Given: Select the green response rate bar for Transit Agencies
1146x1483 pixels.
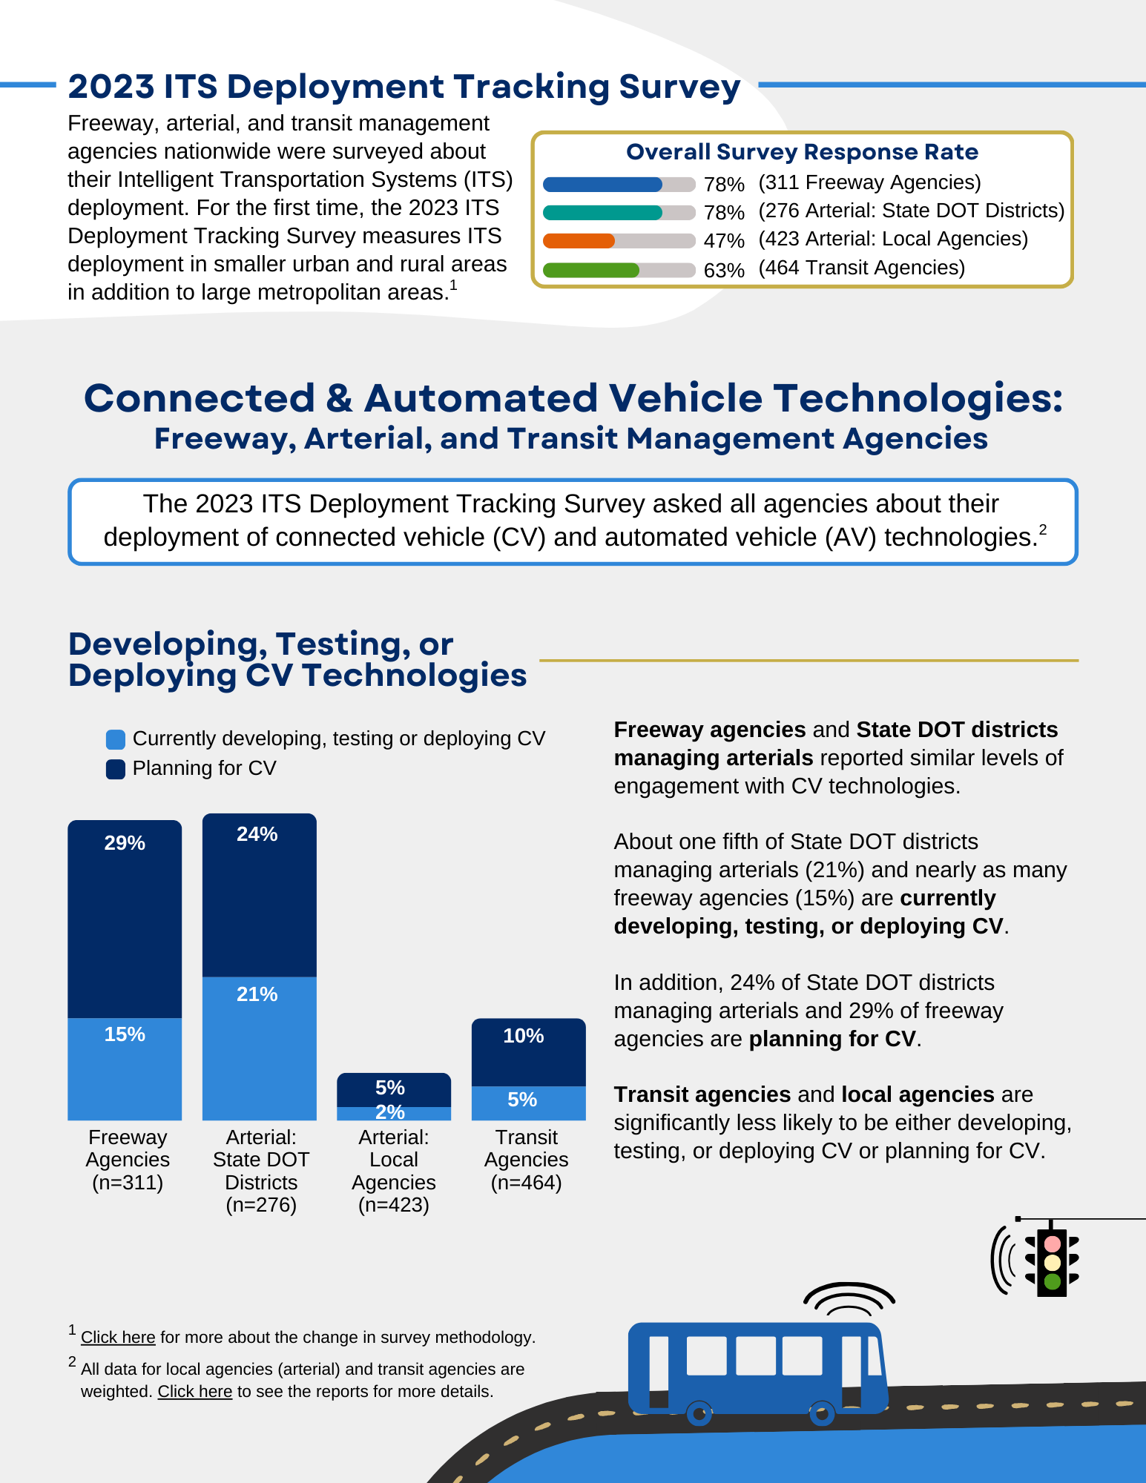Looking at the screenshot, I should coord(590,270).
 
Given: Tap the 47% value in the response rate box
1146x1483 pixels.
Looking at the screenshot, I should coord(723,241).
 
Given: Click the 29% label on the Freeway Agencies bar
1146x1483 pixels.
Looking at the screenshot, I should coord(125,843).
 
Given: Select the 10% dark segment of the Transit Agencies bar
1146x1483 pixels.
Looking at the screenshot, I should coord(527,1051).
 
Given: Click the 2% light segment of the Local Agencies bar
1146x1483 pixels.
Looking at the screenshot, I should coord(393,1114).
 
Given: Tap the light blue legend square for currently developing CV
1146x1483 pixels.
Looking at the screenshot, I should coord(116,739).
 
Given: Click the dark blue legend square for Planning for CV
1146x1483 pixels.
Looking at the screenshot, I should coord(116,769).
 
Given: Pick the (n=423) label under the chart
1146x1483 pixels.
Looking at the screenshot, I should coord(393,1205).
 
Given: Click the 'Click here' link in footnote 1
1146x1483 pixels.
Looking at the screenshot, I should coord(118,1337).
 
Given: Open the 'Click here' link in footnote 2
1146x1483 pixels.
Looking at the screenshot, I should coord(194,1392).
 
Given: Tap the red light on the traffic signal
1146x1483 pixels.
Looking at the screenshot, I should coord(1052,1243).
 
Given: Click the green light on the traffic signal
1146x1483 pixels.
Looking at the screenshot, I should coord(1052,1281).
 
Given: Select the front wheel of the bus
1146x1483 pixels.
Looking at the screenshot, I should coord(821,1414).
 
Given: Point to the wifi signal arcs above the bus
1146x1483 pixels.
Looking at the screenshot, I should coord(849,1299).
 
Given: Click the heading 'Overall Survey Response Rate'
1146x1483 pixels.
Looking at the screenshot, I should coord(802,152).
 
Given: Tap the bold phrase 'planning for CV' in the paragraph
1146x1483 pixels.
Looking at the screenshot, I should coord(831,1039).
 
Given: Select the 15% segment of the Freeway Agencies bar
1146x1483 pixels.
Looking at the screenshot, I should coord(125,1068).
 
